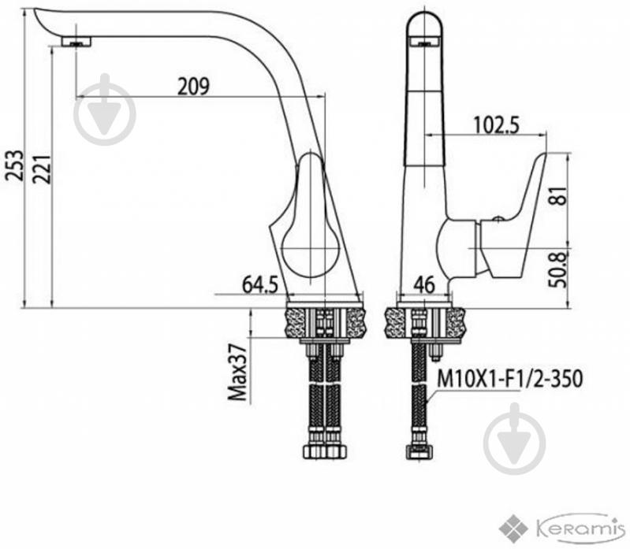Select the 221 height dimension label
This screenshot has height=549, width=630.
point(41,169)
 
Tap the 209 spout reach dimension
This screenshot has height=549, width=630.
point(193,86)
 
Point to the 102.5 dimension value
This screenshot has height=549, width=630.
point(496,124)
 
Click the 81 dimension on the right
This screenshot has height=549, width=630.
point(558,195)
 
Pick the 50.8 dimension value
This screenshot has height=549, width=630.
point(558,269)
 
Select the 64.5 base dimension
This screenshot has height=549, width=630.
point(260,285)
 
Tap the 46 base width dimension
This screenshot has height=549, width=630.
point(424,284)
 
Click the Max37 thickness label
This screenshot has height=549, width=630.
point(237,372)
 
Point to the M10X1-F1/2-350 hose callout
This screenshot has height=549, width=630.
point(509,378)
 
